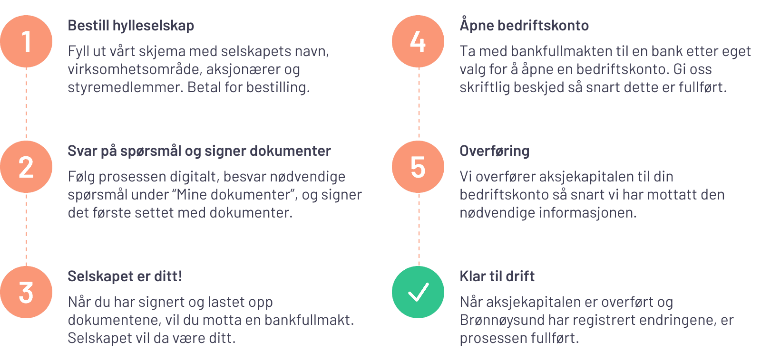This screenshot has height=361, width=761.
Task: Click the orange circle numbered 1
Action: point(26,41)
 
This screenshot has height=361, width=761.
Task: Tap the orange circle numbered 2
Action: point(26,167)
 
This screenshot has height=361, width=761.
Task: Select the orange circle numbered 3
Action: point(26,292)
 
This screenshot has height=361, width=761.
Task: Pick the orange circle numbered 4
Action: point(418,41)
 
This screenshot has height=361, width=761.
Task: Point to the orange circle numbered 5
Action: point(418,167)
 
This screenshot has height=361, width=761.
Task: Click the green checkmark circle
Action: point(418,292)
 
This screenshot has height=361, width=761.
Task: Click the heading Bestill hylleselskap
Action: point(131,26)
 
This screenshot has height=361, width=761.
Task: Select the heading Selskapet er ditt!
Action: point(125,276)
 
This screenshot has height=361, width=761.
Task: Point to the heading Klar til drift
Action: point(497,276)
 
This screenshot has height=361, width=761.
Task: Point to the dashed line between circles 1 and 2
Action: point(26,104)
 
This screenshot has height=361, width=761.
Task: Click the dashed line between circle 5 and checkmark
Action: point(419,230)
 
